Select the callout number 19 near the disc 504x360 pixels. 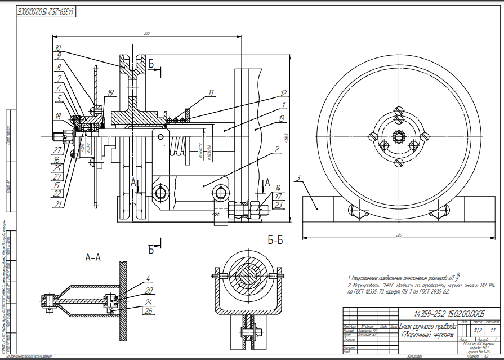pyautogui.click(x=111, y=92)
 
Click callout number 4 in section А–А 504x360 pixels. pyautogui.click(x=148, y=278)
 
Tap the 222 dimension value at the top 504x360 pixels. pyautogui.click(x=147, y=34)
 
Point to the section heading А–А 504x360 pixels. pyautogui.click(x=92, y=257)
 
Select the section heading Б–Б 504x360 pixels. pyautogui.click(x=275, y=241)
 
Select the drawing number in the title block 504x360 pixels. pyautogui.click(x=449, y=313)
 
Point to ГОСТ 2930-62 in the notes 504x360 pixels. pyautogui.click(x=433, y=292)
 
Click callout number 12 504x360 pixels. pyautogui.click(x=283, y=92)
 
